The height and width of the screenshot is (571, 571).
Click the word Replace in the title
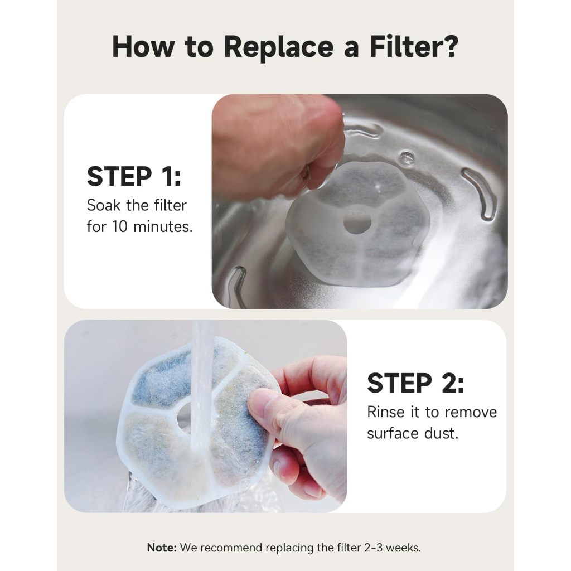click(x=279, y=47)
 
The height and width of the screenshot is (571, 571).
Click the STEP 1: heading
click(x=134, y=176)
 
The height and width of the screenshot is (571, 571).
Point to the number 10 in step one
click(x=120, y=226)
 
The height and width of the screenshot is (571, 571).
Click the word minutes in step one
click(x=163, y=226)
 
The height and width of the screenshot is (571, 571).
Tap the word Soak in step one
click(x=103, y=205)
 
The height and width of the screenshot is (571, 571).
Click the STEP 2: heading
click(x=415, y=383)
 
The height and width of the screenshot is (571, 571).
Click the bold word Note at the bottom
click(x=162, y=548)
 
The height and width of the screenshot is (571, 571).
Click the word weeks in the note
click(x=403, y=548)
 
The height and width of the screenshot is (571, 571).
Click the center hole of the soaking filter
click(x=357, y=220)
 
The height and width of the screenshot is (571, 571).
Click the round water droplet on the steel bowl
click(x=407, y=158)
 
